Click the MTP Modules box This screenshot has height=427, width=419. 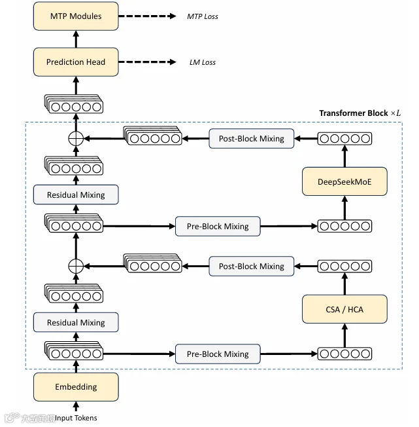[x=76, y=16]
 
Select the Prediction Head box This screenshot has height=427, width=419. [x=76, y=62]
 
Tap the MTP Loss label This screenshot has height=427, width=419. [x=203, y=16]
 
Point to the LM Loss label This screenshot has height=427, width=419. [x=203, y=62]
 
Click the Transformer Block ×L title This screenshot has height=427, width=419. [x=360, y=113]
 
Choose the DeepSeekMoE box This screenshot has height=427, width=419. [x=344, y=181]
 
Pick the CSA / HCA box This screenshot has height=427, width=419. [x=344, y=309]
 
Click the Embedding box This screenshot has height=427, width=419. [x=76, y=386]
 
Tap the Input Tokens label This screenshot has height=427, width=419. [x=76, y=418]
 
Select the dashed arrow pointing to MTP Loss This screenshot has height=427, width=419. [x=147, y=16]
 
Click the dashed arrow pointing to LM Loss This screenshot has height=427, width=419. [x=147, y=62]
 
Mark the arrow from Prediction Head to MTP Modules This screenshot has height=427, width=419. [x=76, y=39]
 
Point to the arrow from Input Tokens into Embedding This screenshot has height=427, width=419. [x=76, y=406]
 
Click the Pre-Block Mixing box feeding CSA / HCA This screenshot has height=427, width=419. [x=218, y=354]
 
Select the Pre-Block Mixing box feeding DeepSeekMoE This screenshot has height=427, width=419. [x=218, y=226]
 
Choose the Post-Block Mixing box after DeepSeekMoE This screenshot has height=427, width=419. [x=252, y=138]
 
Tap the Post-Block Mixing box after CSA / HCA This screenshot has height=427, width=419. [x=252, y=266]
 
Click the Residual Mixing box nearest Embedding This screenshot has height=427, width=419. [x=76, y=322]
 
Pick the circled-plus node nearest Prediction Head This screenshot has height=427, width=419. [x=76, y=138]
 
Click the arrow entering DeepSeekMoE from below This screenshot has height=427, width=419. [x=345, y=208]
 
